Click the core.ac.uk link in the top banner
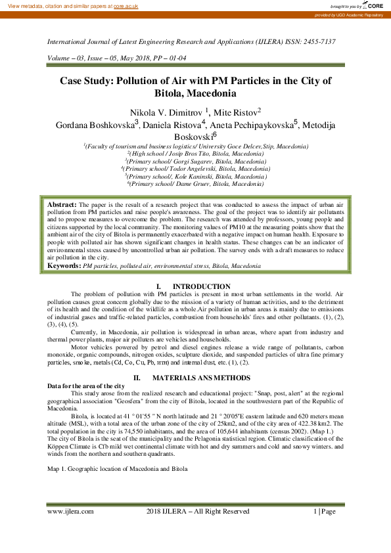coord(126,5)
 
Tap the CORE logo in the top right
coord(373,5)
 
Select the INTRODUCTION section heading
coord(201,286)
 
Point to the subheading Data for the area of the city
coord(86,386)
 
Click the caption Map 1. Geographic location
coord(118,469)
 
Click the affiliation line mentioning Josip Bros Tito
coord(195,152)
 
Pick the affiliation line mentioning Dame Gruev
coord(195,185)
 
